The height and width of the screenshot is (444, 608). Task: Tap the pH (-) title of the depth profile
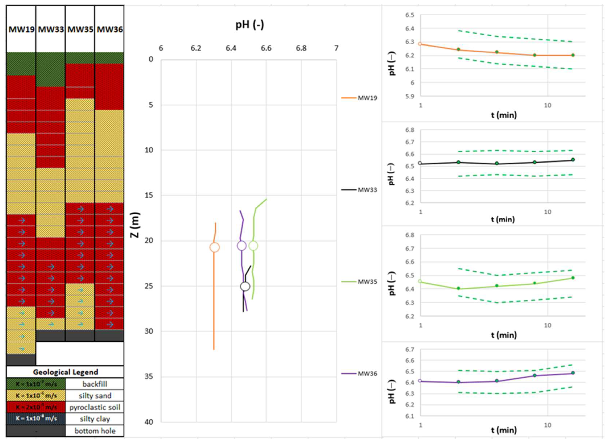tap(250, 25)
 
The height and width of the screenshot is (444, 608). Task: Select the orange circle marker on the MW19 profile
tap(214, 247)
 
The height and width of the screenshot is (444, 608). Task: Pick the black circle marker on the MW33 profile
tap(245, 287)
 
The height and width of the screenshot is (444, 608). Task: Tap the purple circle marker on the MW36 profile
tap(242, 246)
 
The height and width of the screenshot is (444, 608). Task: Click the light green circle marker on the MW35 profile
tap(253, 246)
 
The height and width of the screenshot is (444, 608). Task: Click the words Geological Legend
tap(65, 372)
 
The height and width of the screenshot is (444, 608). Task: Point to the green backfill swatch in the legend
tap(36, 384)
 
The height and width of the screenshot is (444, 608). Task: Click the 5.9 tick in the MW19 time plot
tap(410, 96)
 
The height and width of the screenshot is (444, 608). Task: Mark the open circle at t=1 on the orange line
tap(420, 44)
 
